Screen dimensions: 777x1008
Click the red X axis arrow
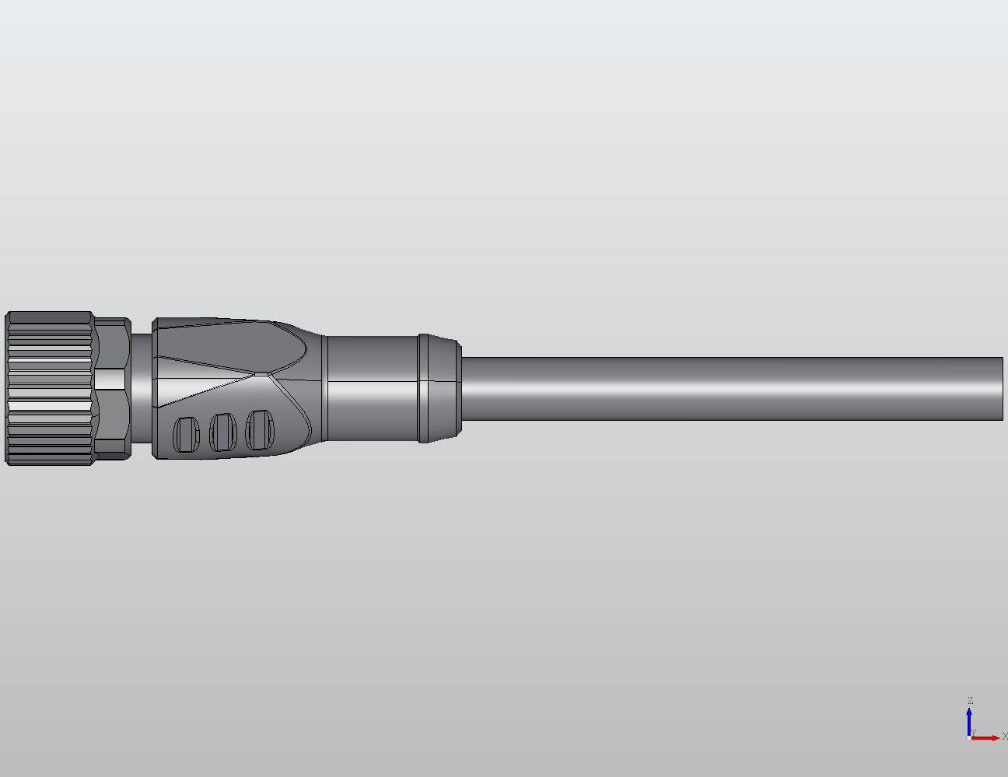[986, 737]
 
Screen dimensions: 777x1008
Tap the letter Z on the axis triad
[970, 701]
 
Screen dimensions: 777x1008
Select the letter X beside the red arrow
[1004, 736]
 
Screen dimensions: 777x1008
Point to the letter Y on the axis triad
[973, 733]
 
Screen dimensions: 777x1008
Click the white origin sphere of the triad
[969, 737]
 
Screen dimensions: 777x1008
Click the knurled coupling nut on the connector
[49, 388]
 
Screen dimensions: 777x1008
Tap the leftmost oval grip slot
[185, 434]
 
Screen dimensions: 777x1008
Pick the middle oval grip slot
[222, 432]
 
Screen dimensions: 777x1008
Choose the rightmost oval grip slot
[260, 429]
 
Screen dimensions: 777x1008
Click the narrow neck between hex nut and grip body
[140, 388]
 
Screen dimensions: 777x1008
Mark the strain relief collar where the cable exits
[439, 388]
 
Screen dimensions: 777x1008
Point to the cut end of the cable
[1001, 388]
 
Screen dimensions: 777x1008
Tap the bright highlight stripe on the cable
[731, 385]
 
